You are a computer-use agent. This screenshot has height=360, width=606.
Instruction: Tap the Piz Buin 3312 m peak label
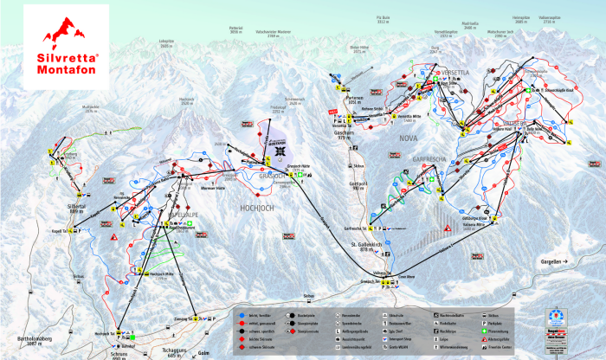[385, 19]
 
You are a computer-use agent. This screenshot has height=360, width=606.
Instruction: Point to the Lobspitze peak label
[167, 43]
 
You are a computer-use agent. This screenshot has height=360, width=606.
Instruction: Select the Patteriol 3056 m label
[234, 30]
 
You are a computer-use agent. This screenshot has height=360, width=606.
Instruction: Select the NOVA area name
[408, 138]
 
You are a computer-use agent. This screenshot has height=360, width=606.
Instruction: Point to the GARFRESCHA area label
[417, 159]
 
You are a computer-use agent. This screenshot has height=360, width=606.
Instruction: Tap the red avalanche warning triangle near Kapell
[113, 235]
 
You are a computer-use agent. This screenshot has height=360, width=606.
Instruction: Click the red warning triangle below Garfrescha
[448, 228]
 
